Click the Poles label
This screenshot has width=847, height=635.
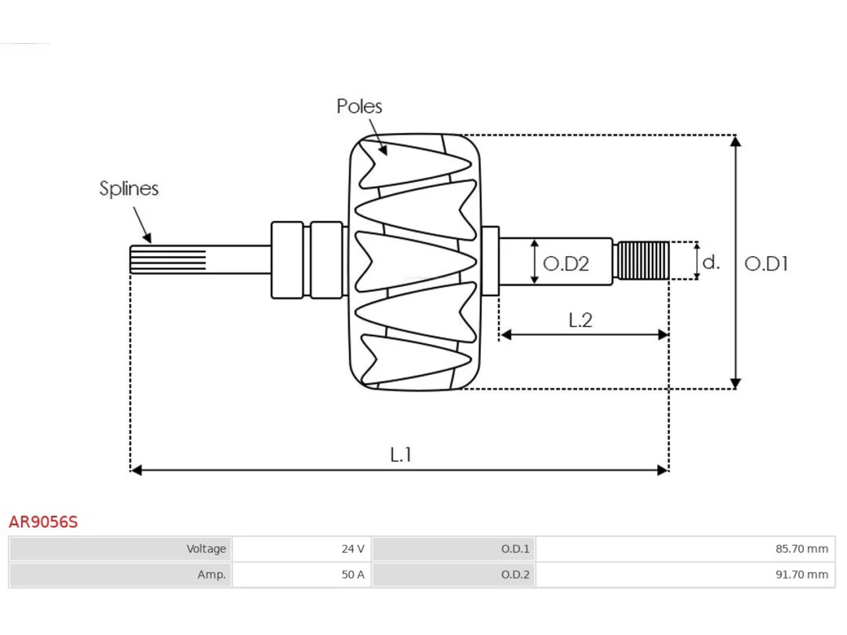click(359, 106)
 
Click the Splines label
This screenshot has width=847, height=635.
click(129, 189)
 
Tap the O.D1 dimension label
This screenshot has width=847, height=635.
click(766, 264)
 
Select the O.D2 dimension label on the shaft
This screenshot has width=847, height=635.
click(566, 264)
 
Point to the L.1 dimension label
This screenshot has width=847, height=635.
click(400, 455)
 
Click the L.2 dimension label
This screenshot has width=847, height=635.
click(580, 320)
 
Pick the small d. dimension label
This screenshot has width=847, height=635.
click(711, 263)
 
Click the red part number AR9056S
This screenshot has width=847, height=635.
click(43, 522)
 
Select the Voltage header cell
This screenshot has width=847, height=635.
click(120, 548)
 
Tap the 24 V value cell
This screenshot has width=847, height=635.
click(301, 548)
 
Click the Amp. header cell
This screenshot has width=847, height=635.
click(120, 574)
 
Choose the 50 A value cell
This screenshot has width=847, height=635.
click(301, 574)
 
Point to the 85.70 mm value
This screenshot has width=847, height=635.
click(802, 548)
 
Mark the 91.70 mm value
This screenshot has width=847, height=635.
click(802, 574)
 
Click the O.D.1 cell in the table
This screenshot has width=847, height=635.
click(453, 548)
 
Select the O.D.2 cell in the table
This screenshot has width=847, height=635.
click(453, 574)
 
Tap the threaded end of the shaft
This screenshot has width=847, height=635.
click(643, 260)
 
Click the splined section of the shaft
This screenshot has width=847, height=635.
click(168, 259)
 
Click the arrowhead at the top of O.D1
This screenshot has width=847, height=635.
click(735, 141)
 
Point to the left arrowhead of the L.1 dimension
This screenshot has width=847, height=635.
click(136, 470)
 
